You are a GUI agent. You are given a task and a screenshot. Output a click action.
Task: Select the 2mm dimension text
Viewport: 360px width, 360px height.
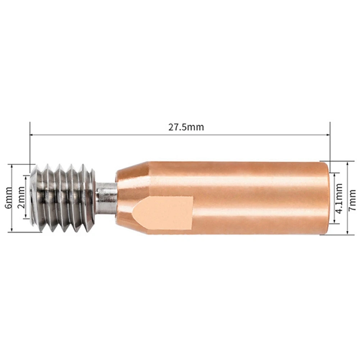(x=21, y=197)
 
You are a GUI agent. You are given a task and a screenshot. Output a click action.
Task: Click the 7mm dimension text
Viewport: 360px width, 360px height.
(x=353, y=198)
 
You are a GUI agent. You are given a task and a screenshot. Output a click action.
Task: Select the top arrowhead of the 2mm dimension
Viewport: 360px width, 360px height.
(x=26, y=178)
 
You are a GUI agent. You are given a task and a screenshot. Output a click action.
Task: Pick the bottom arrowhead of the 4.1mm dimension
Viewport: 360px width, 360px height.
(x=334, y=222)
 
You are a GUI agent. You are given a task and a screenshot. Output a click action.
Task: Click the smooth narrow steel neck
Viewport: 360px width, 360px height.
(x=106, y=197)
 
